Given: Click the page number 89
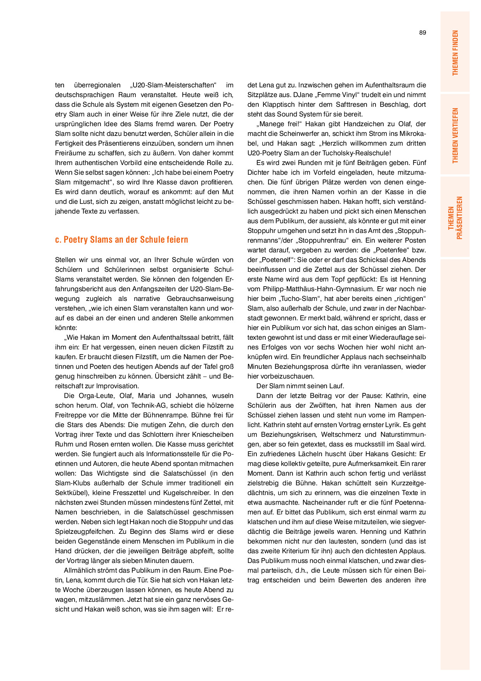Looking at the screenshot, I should (422, 33).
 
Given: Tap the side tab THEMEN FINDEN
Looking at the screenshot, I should (455, 53).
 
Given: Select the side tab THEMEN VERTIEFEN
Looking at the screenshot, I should (455, 136).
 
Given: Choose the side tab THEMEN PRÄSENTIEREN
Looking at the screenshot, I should (455, 217).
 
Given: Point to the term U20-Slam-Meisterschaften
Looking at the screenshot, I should (174, 85).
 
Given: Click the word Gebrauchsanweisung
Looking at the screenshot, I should (200, 299).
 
